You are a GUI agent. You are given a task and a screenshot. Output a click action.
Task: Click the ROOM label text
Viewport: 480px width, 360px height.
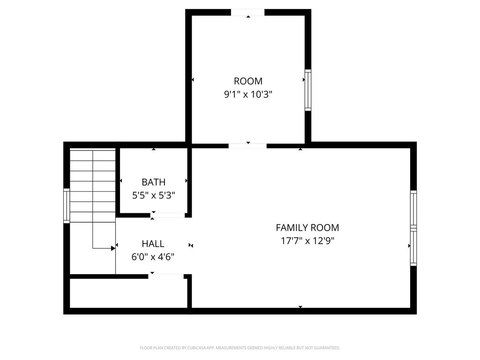pyautogui.click(x=248, y=81)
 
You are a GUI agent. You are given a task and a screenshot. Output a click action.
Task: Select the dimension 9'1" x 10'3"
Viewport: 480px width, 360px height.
pyautogui.click(x=248, y=94)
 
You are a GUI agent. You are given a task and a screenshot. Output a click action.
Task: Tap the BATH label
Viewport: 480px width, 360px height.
pyautogui.click(x=153, y=182)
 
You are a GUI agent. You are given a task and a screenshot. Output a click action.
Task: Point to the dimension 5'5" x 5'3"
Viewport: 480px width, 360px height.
pyautogui.click(x=153, y=195)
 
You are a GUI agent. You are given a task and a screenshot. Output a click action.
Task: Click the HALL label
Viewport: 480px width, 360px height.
pyautogui.click(x=153, y=244)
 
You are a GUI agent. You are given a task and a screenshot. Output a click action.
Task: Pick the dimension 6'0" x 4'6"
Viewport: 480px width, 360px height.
pyautogui.click(x=153, y=257)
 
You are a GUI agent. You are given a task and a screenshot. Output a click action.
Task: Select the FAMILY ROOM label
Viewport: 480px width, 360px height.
pyautogui.click(x=307, y=228)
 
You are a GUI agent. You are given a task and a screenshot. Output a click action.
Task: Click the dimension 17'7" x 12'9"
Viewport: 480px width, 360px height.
pyautogui.click(x=307, y=241)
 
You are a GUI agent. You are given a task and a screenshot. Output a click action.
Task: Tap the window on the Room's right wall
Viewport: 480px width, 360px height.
pyautogui.click(x=308, y=90)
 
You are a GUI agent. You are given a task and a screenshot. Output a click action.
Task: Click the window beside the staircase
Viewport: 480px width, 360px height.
pyautogui.click(x=67, y=206)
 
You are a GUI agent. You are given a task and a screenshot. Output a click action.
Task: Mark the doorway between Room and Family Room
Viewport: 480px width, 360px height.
pyautogui.click(x=247, y=146)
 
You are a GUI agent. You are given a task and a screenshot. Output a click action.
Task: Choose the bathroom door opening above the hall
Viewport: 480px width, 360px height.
pyautogui.click(x=167, y=215)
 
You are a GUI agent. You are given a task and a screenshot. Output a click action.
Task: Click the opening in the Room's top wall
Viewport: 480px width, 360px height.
pyautogui.click(x=247, y=12)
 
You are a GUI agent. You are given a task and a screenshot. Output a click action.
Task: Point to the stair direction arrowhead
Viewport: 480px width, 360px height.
pyautogui.click(x=113, y=248)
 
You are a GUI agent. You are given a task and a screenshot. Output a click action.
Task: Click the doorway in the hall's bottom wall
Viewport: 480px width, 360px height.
pyautogui.click(x=166, y=276)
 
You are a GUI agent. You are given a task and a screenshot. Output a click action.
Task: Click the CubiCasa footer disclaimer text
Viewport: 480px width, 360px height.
pyautogui.click(x=240, y=348)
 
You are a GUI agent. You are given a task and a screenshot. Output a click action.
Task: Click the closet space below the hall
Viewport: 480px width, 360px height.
pyautogui.click(x=128, y=293)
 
